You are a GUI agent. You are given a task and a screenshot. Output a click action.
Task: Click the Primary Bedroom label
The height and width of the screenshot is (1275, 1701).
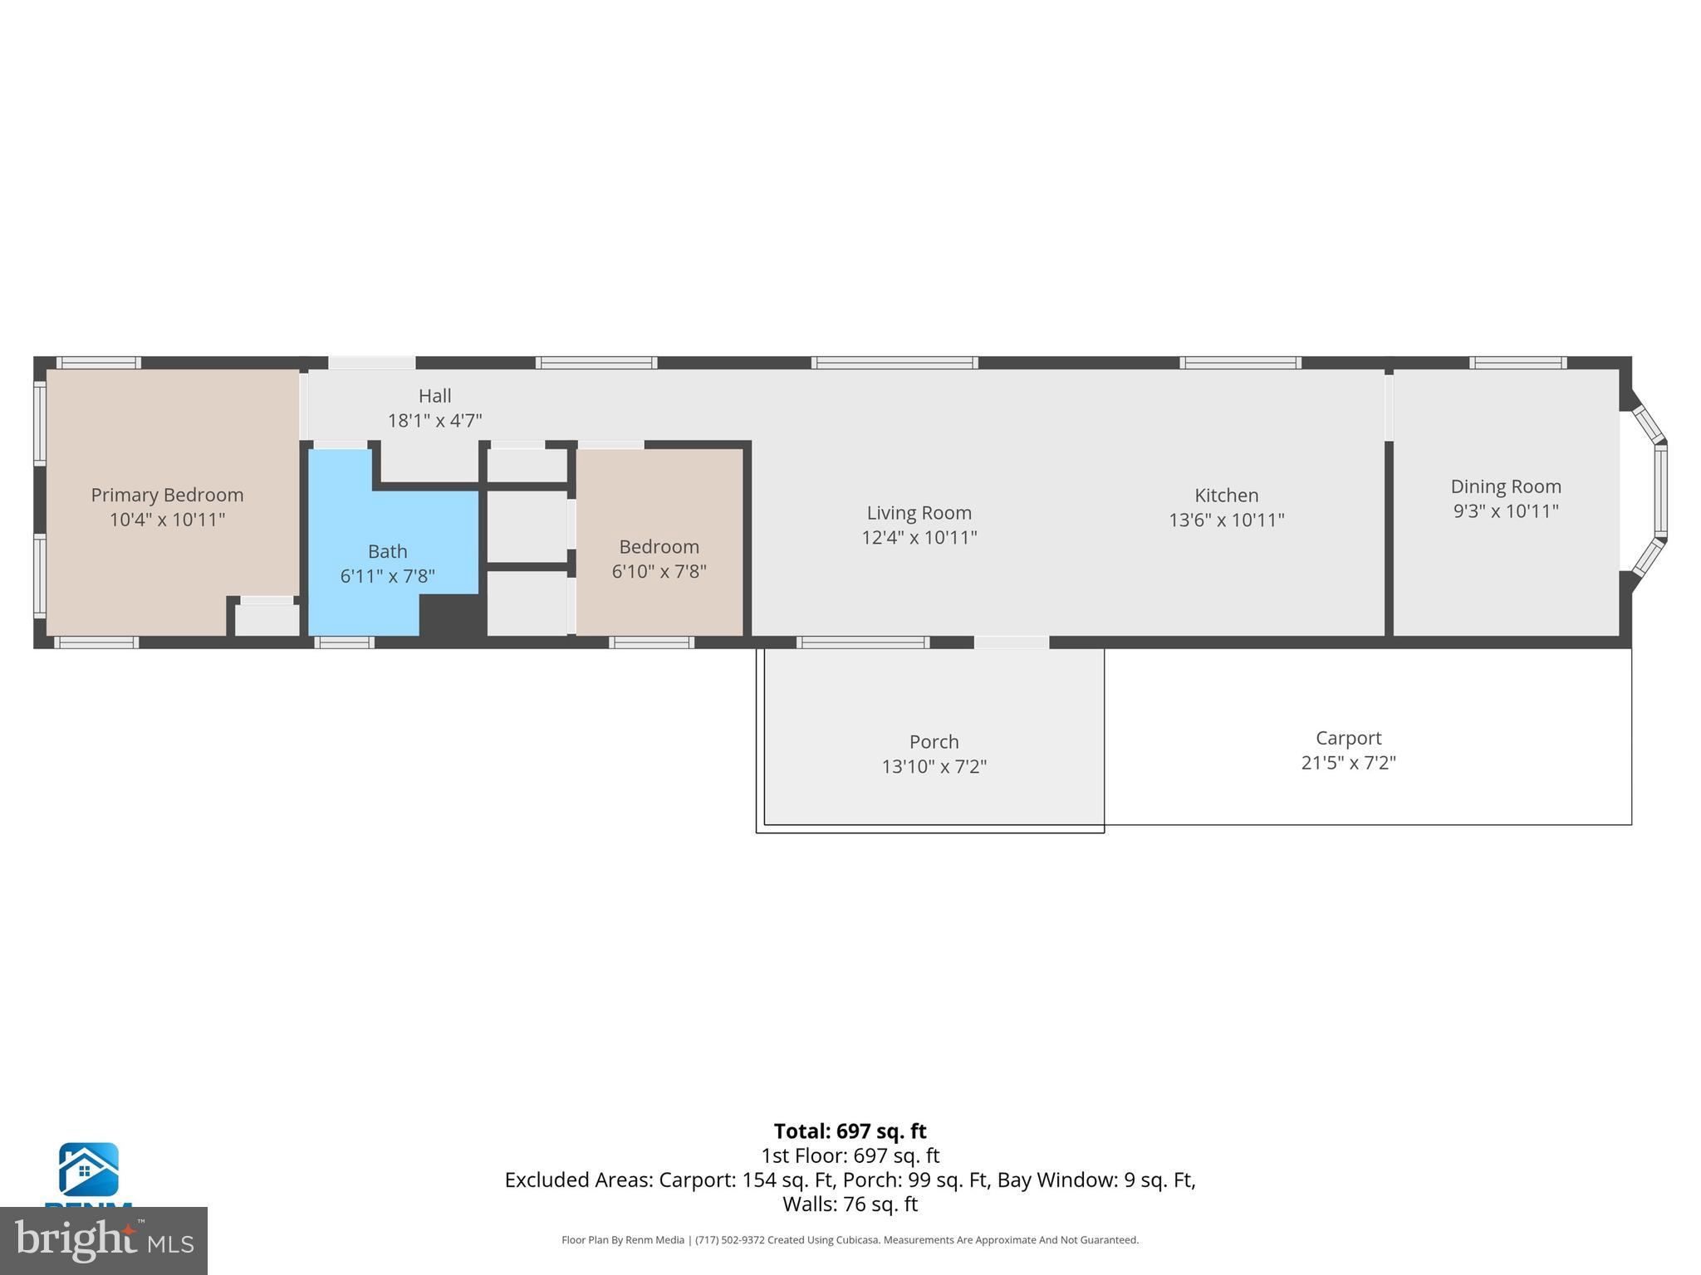tap(167, 495)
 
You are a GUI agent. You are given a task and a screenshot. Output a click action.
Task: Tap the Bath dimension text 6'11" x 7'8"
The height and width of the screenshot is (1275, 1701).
tap(387, 576)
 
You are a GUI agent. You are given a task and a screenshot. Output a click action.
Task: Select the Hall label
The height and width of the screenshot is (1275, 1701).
tap(434, 396)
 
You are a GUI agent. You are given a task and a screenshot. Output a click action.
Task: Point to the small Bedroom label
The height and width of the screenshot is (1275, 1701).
tap(659, 547)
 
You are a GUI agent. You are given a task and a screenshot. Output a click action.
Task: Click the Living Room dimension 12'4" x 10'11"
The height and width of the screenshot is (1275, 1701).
tap(919, 538)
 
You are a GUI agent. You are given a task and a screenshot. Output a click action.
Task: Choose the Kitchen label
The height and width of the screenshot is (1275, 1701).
tap(1226, 496)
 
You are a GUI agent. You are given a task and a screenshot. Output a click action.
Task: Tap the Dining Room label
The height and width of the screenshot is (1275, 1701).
tap(1505, 486)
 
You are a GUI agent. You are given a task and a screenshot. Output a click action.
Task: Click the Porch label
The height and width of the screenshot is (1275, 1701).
tap(934, 742)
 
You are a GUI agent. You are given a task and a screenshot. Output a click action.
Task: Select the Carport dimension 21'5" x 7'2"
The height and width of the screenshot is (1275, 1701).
tap(1348, 763)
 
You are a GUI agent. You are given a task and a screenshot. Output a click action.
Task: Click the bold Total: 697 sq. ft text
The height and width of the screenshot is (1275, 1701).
tap(850, 1131)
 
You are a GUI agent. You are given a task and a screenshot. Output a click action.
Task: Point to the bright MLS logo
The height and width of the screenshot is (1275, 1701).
tap(103, 1241)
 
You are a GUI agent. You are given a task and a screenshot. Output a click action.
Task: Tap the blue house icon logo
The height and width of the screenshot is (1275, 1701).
tap(88, 1170)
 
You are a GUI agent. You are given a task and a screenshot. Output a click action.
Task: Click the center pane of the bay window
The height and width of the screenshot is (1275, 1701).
tap(1660, 491)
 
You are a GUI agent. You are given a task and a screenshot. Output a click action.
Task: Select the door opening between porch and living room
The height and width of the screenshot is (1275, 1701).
tap(1011, 642)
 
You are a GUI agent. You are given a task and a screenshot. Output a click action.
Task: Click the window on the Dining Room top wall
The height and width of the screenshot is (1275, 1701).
tap(1517, 363)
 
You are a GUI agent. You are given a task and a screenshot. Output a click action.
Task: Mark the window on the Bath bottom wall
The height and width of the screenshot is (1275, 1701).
tap(344, 642)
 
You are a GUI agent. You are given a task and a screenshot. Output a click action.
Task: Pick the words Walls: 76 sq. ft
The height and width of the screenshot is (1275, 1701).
tap(850, 1204)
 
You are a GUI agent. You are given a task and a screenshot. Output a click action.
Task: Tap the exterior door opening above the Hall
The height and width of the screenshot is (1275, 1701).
tap(371, 363)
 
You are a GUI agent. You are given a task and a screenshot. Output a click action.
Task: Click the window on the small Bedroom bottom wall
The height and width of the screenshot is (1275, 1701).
tap(651, 642)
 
